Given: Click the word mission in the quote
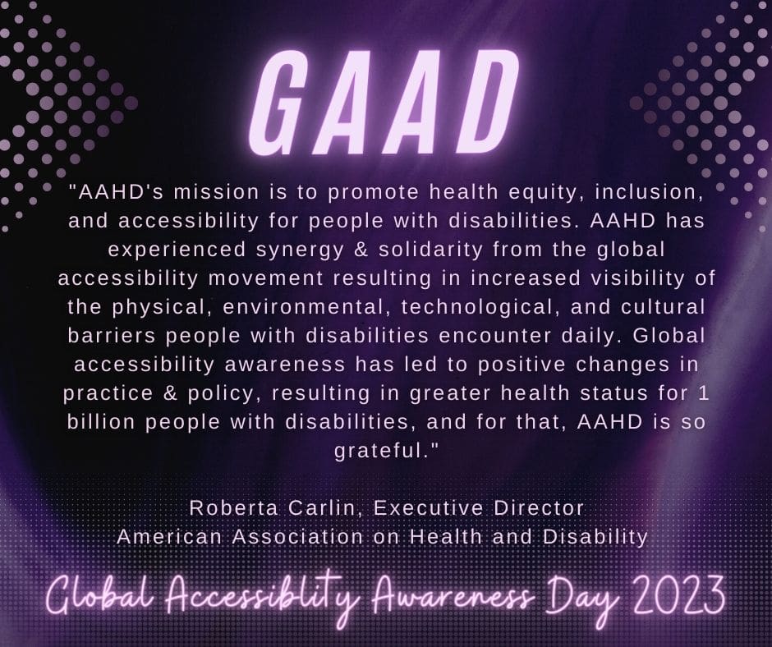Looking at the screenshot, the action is [216, 192].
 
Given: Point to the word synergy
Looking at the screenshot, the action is [300, 250].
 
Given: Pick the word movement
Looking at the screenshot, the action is [265, 278].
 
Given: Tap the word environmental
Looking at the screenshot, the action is [303, 307].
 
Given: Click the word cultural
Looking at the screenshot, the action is [663, 307].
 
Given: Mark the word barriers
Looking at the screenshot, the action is [112, 336].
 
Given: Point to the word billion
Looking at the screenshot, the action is [101, 422].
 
